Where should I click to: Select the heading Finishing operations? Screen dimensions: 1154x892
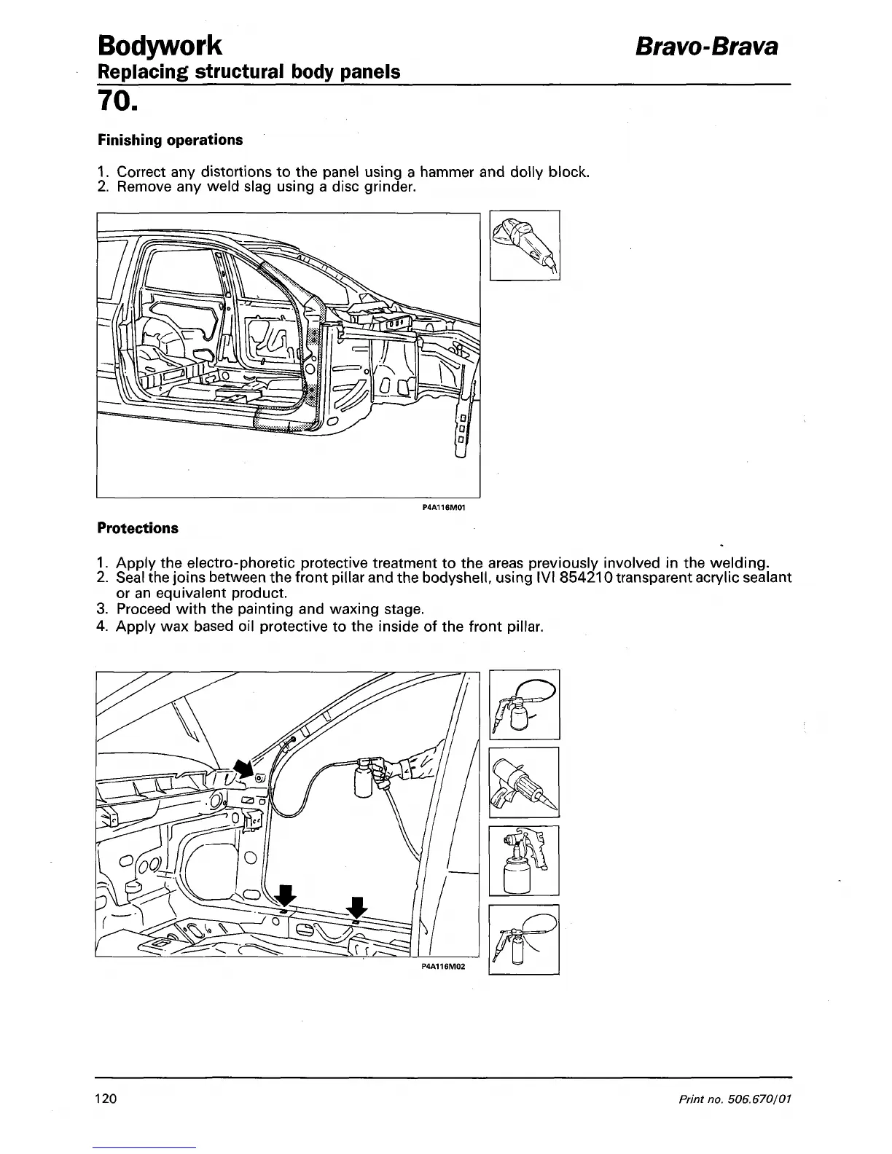point(170,139)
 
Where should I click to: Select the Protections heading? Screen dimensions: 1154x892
point(138,528)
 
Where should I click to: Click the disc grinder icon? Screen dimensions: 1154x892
point(525,245)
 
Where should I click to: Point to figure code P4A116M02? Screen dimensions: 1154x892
point(443,967)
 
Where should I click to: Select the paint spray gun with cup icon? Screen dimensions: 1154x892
point(524,860)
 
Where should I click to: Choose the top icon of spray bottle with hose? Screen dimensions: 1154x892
point(524,704)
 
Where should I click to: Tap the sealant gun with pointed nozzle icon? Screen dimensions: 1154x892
point(524,782)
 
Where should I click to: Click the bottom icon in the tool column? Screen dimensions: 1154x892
point(524,939)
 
